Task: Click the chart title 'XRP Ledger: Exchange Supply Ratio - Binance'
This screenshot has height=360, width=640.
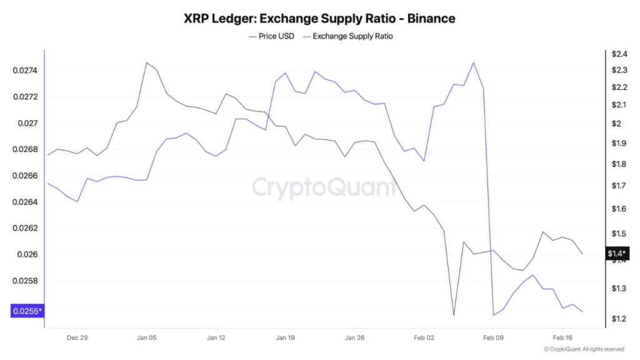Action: (x=319, y=19)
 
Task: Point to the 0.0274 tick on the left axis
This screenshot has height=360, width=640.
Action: (x=26, y=71)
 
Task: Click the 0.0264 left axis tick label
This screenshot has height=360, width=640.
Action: (x=26, y=202)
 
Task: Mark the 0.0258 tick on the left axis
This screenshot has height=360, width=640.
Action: (x=26, y=281)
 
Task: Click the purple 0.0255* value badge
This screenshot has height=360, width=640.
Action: (x=27, y=311)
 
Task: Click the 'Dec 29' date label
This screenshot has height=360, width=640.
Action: (x=77, y=337)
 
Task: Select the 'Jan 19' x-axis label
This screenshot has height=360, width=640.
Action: (x=285, y=337)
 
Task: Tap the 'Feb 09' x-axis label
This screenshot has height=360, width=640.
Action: (x=493, y=337)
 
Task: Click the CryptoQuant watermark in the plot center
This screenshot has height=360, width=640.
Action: (x=324, y=187)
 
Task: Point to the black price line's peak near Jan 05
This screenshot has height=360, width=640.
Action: (x=146, y=62)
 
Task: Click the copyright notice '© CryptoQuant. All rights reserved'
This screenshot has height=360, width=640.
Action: (x=584, y=349)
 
